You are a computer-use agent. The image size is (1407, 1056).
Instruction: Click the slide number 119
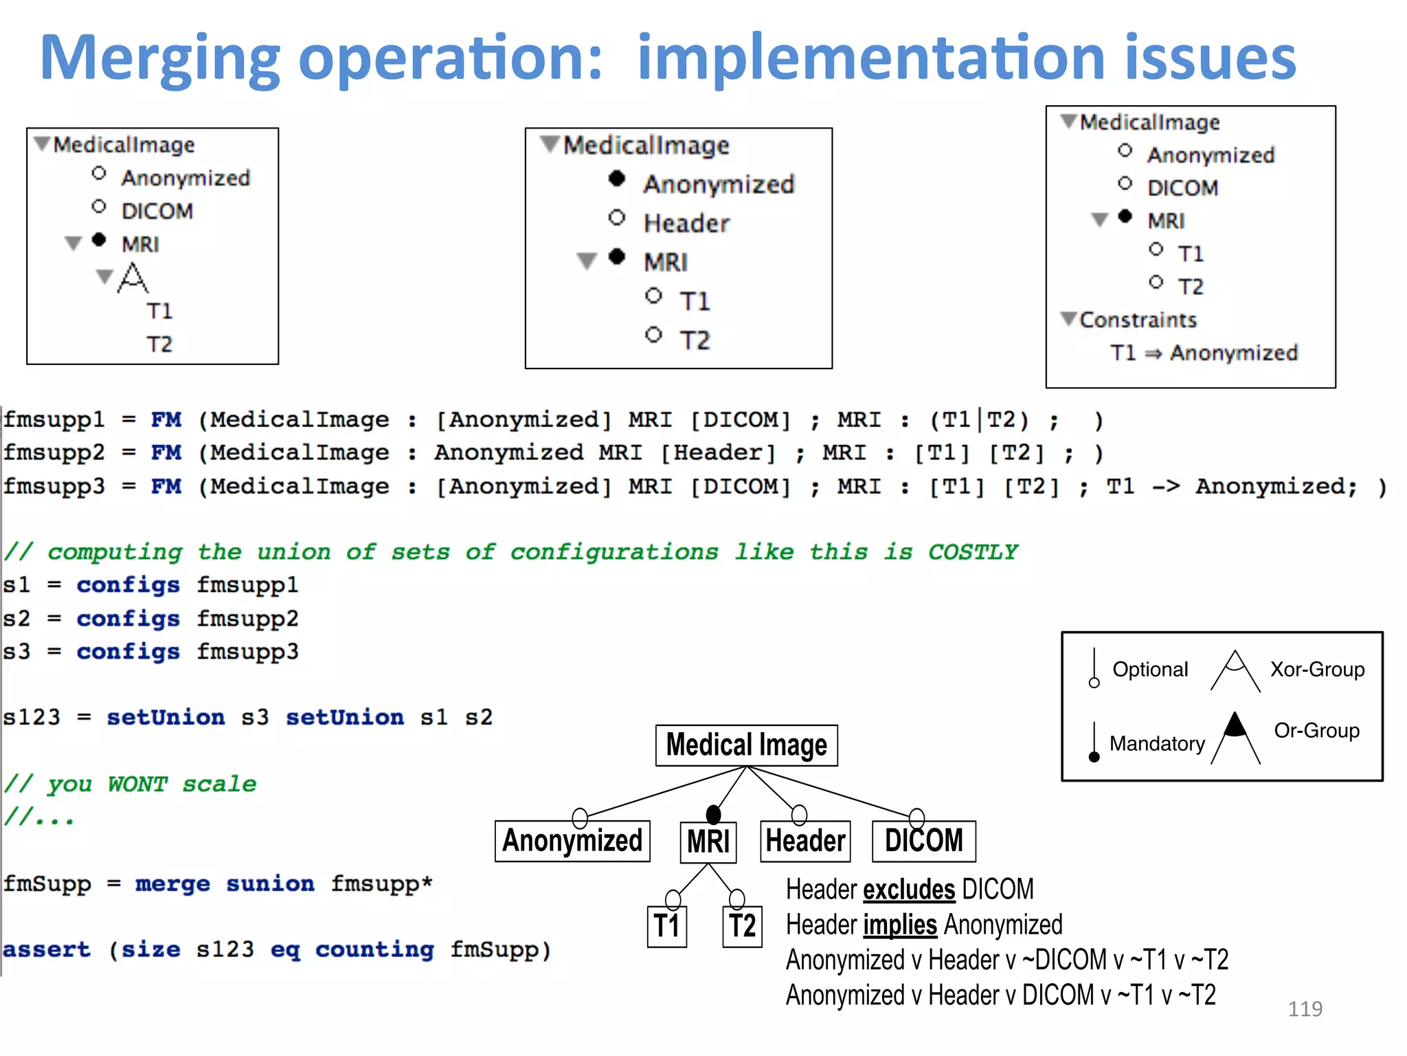pyautogui.click(x=1305, y=1009)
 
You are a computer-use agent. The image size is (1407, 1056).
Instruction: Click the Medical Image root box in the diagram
pyautogui.click(x=746, y=745)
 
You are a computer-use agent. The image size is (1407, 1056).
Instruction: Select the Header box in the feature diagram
pyautogui.click(x=805, y=841)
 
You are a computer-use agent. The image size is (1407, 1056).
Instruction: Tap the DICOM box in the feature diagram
pyautogui.click(x=923, y=841)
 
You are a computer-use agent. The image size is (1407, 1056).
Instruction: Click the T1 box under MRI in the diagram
pyautogui.click(x=666, y=926)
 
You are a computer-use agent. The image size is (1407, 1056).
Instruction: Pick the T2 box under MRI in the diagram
pyautogui.click(x=742, y=926)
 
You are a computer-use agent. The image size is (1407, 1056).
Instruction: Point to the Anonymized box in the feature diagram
pyautogui.click(x=572, y=841)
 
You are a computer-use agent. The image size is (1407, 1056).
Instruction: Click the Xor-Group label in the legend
pyautogui.click(x=1317, y=669)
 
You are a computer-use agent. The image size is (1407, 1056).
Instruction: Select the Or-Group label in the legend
pyautogui.click(x=1316, y=730)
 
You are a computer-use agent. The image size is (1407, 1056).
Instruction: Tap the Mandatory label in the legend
pyautogui.click(x=1157, y=743)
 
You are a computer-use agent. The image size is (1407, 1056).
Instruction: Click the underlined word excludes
pyautogui.click(x=909, y=890)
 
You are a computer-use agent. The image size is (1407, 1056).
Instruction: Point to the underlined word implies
pyautogui.click(x=900, y=925)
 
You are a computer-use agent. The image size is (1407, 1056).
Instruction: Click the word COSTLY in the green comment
pyautogui.click(x=973, y=552)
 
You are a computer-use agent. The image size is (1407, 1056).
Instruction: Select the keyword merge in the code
pyautogui.click(x=172, y=884)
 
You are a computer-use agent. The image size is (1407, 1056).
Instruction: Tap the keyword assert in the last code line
pyautogui.click(x=47, y=950)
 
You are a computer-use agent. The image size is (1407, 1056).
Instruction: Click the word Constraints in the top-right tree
pyautogui.click(x=1138, y=320)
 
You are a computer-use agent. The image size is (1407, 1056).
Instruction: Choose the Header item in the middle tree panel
pyautogui.click(x=686, y=223)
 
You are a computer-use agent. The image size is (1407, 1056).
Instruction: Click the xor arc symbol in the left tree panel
pyautogui.click(x=133, y=278)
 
